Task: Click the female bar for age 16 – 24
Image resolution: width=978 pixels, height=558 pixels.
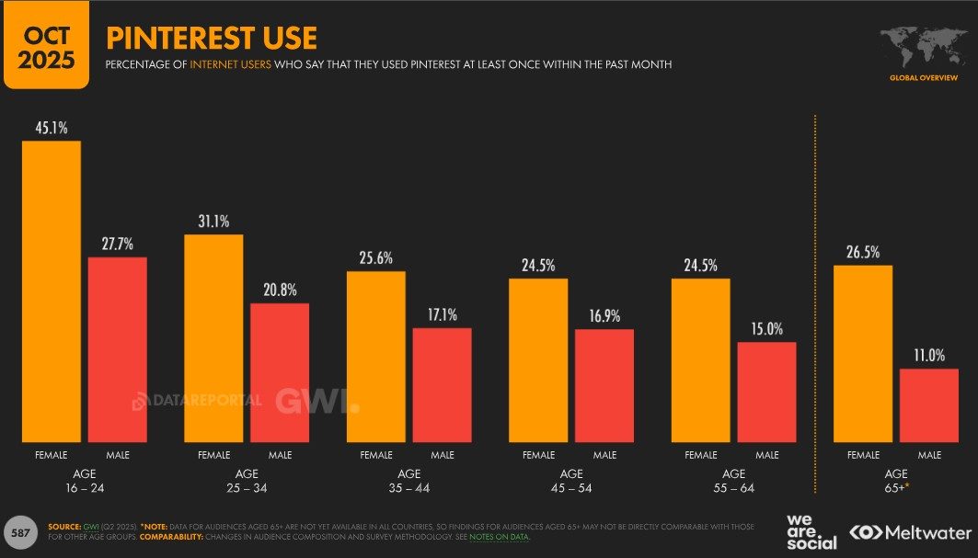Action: click(x=52, y=291)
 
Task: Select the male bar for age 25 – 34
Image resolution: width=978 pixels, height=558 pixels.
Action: click(x=280, y=372)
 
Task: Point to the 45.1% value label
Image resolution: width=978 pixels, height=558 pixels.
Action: click(x=52, y=128)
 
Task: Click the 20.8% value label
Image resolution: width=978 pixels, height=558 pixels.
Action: click(x=280, y=290)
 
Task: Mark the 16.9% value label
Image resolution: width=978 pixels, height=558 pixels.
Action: click(x=604, y=316)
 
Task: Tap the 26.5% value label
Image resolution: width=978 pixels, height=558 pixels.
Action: click(x=863, y=252)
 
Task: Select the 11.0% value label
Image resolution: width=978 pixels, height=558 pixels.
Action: click(x=929, y=356)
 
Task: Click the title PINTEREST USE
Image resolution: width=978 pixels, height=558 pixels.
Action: click(x=212, y=38)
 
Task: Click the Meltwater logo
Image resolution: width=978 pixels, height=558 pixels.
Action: click(x=910, y=532)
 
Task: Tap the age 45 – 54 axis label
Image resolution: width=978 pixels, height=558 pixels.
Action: click(x=571, y=481)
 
